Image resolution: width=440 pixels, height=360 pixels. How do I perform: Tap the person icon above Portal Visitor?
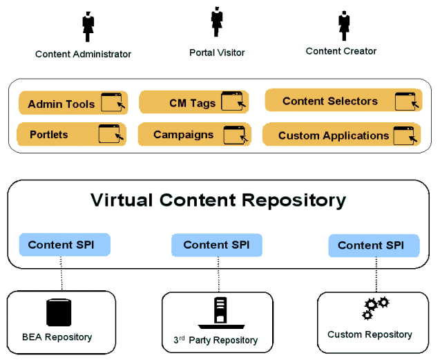[216, 22]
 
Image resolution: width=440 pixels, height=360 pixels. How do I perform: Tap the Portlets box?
[71, 134]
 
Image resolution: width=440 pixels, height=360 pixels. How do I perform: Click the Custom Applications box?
[342, 135]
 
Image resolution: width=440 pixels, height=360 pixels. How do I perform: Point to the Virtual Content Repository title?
[218, 200]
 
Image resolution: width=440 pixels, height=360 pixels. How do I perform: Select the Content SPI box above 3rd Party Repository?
[216, 245]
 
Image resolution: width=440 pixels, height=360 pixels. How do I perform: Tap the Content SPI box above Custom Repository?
[374, 245]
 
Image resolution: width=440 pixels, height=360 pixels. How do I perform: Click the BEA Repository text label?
[57, 337]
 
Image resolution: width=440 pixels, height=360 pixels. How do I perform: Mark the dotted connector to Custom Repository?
[376, 274]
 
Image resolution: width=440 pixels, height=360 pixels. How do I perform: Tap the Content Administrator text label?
[83, 54]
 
